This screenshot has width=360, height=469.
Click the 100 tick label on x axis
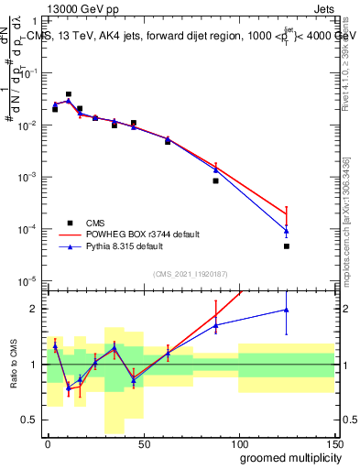coord(238,443)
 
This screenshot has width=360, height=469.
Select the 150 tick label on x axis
coord(333,443)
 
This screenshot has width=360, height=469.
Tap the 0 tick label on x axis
coord(47,443)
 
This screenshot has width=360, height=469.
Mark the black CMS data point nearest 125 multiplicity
coord(287,246)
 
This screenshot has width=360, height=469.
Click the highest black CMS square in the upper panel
coord(69,93)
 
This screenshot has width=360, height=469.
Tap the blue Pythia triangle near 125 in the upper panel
coord(287,231)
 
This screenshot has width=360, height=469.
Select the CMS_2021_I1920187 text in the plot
coord(191,273)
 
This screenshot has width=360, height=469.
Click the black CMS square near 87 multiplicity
coord(215,180)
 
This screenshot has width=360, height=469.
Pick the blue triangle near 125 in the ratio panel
coord(287,310)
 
